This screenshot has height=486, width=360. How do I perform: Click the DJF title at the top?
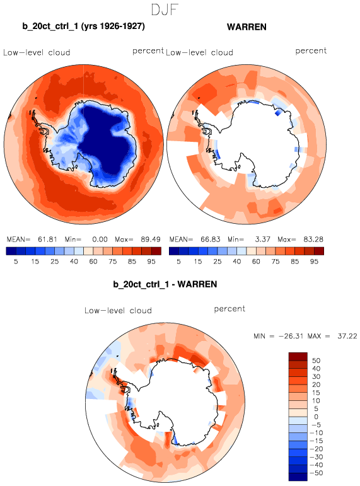pyautogui.click(x=165, y=10)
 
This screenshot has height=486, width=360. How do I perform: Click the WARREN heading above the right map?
pyautogui.click(x=247, y=27)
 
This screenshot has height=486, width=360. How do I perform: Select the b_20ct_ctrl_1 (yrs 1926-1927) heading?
pyautogui.click(x=83, y=26)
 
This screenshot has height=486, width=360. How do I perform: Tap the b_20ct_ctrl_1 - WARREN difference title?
pyautogui.click(x=165, y=284)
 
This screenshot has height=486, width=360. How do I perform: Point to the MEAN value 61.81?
pyautogui.click(x=47, y=240)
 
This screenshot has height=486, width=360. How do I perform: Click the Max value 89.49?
pyautogui.click(x=151, y=240)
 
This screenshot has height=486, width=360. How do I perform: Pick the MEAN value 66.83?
pyautogui.click(x=210, y=240)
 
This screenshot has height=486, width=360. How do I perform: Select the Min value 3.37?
pyautogui.click(x=263, y=240)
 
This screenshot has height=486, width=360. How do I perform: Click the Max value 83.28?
pyautogui.click(x=313, y=240)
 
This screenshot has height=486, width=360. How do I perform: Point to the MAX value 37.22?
pyautogui.click(x=347, y=336)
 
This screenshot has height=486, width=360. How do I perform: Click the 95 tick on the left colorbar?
pyautogui.click(x=151, y=262)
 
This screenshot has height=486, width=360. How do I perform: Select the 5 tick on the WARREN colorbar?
pyautogui.click(x=178, y=262)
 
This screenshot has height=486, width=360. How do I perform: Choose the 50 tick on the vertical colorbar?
pyautogui.click(x=316, y=361)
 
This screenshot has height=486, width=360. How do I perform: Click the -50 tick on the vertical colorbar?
pyautogui.click(x=316, y=473)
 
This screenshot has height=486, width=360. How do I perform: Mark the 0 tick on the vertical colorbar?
pyautogui.click(x=316, y=417)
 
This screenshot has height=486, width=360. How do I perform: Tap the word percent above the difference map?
pyautogui.click(x=229, y=309)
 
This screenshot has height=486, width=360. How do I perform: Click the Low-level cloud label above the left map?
pyautogui.click(x=37, y=52)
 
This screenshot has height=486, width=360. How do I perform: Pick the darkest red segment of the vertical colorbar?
pyautogui.click(x=298, y=357)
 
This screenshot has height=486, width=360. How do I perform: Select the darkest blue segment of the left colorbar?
pyautogui.click(x=11, y=251)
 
